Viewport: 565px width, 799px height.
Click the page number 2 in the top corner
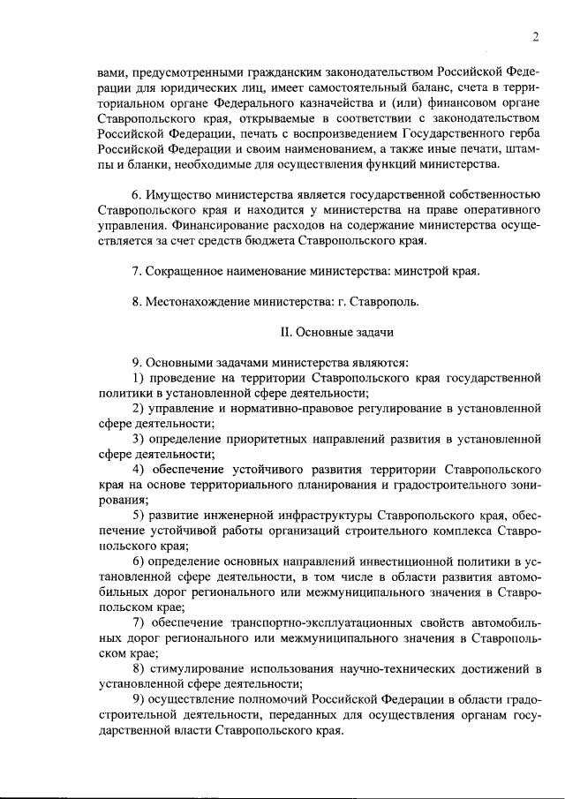536,36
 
